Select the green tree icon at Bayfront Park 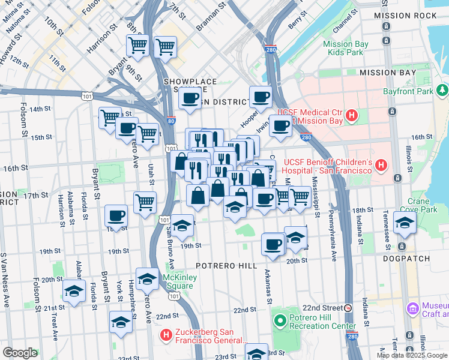pos(442,91)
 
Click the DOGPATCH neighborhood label pos(409,259)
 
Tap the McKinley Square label pos(178,281)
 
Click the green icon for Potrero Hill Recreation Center pos(278,321)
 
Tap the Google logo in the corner pos(20,353)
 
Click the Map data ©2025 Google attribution pos(411,355)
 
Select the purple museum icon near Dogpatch pos(412,308)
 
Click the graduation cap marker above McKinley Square pos(147,278)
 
